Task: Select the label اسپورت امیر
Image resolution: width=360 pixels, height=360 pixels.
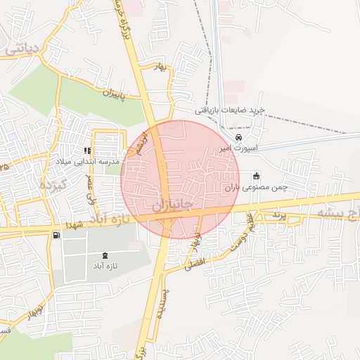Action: coord(239,149)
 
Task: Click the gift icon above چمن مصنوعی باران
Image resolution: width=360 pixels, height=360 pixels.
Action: coord(256,176)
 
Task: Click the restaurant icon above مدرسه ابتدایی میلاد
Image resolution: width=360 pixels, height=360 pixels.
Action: coord(87,150)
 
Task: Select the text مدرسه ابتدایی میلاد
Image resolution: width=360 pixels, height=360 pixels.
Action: coord(88,162)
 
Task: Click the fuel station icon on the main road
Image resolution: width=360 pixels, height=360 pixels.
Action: coord(56,234)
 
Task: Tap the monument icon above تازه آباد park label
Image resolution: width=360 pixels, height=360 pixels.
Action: coord(105,255)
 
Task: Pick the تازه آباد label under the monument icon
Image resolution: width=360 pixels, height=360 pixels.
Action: coord(105,267)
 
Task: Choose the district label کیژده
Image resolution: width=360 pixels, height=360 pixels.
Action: coord(52,187)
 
